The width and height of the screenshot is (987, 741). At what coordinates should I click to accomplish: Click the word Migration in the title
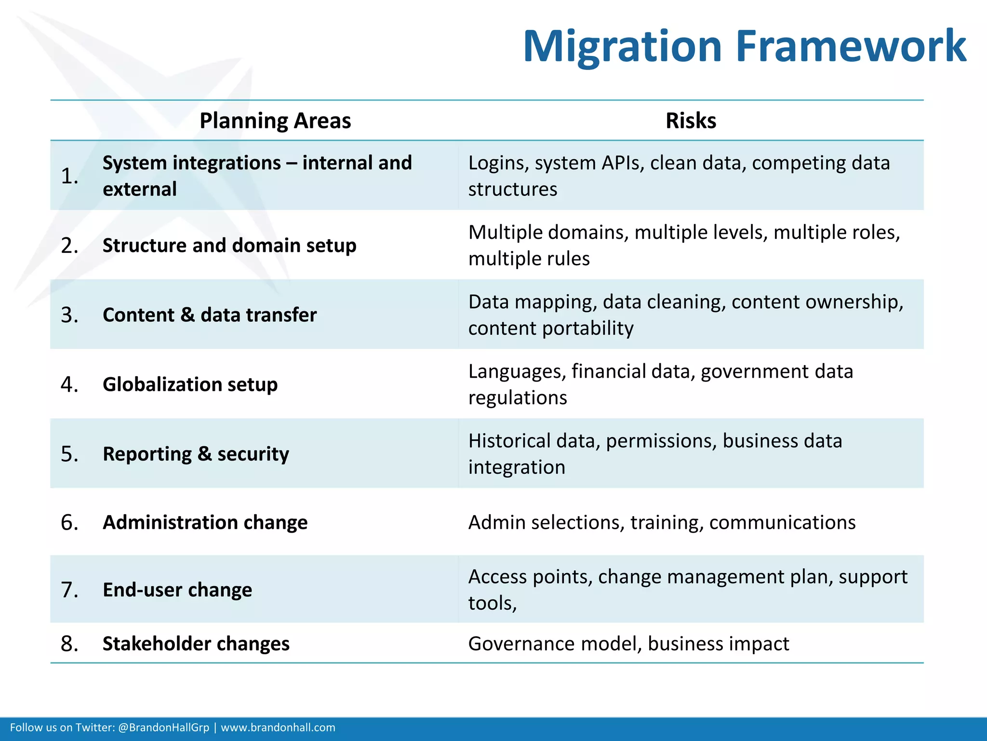[622, 47]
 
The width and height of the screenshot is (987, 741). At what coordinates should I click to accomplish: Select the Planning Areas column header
[275, 121]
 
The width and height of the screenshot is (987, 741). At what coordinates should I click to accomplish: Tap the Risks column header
[691, 121]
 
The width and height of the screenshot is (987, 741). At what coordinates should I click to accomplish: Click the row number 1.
[69, 176]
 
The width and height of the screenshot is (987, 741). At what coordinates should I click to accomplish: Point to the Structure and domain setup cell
[229, 246]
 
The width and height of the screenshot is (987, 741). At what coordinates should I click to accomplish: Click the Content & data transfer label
[210, 315]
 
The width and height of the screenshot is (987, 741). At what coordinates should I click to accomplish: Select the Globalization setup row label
[190, 384]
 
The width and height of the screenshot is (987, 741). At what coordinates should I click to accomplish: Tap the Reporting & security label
[196, 454]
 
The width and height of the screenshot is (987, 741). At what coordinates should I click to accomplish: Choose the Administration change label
[205, 522]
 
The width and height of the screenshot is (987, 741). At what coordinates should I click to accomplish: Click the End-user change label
[177, 590]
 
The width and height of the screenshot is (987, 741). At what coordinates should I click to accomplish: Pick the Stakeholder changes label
[196, 644]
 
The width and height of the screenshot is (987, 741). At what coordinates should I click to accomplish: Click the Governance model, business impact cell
[628, 644]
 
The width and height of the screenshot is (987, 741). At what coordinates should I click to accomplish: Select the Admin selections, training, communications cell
[662, 522]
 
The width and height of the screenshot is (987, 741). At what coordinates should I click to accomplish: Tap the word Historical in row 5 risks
[510, 441]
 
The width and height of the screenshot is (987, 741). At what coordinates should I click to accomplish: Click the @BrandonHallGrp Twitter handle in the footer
[163, 727]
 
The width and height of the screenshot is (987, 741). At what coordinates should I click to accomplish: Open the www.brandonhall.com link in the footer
[278, 727]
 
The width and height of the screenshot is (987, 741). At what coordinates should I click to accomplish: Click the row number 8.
[69, 644]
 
